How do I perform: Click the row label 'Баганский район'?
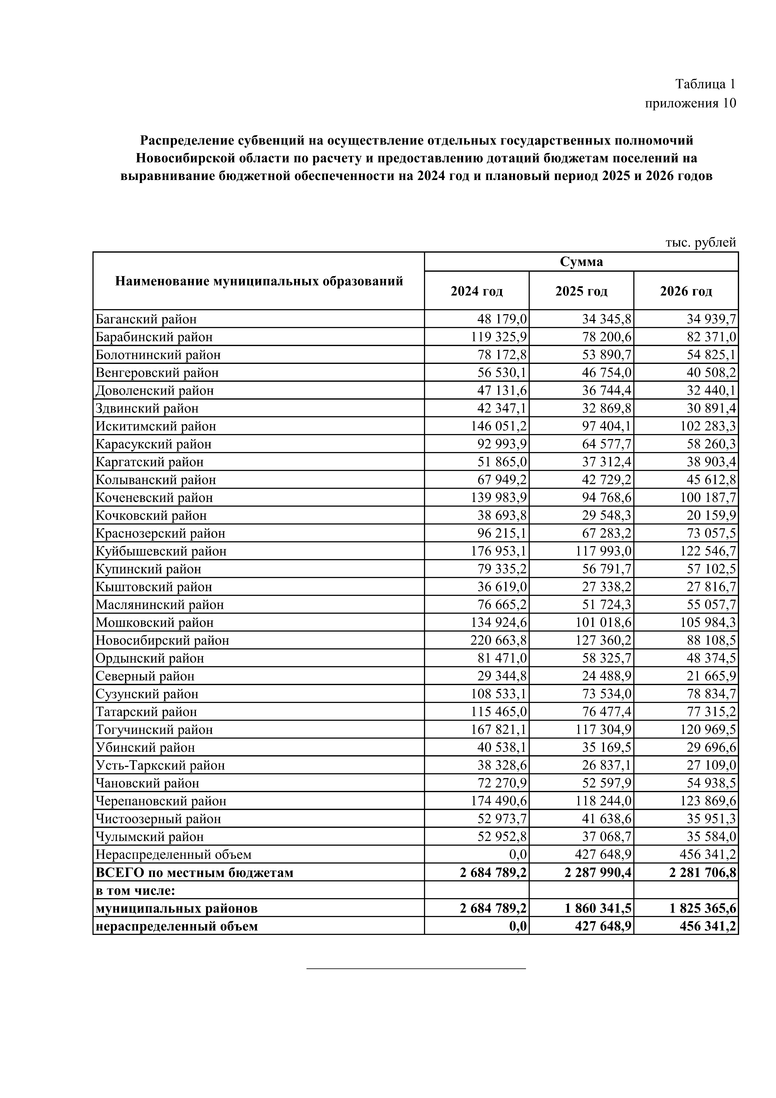(146, 319)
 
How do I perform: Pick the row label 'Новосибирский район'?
(162, 640)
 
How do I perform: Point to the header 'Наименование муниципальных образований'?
(259, 281)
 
